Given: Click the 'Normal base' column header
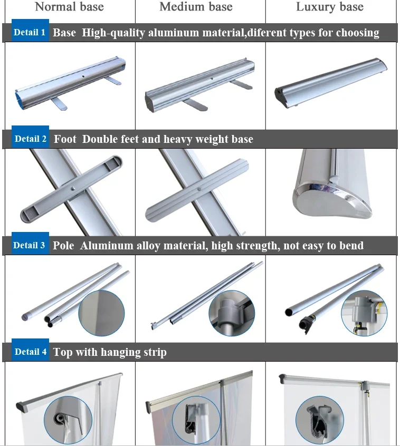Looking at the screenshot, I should pos(69,7).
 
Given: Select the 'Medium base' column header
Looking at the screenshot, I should pos(196,7).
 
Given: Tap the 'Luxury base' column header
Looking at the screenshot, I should pos(330,7).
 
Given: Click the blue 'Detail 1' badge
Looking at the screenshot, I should pos(30,32).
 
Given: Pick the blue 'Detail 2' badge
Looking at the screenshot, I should pos(30,139).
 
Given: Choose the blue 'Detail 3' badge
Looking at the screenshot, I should pos(30,245).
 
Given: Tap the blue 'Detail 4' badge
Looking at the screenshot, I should pos(30,352).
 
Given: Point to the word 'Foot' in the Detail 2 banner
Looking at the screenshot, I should pos(65,139).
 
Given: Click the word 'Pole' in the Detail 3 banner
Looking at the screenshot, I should pos(64,246).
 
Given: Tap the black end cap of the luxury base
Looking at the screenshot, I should pos(280,95).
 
